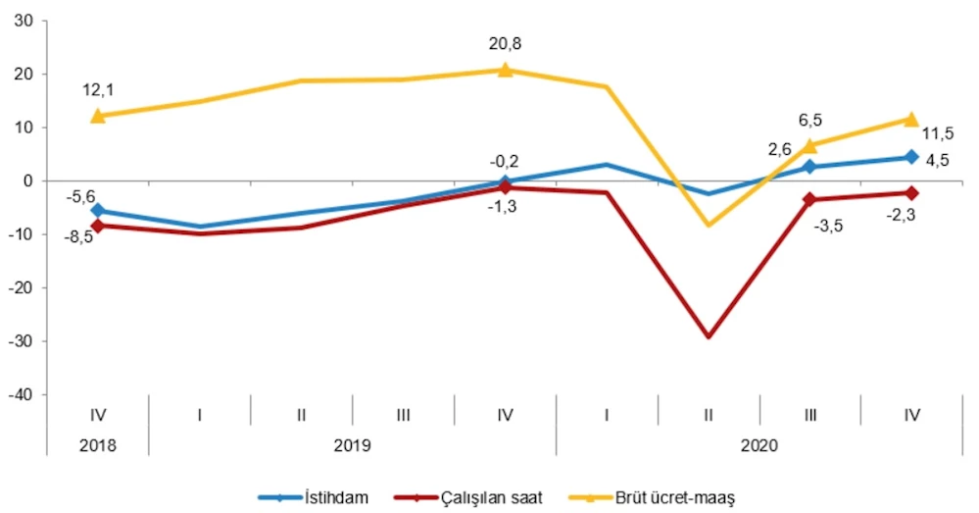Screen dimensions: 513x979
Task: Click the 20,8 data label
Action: pyautogui.click(x=505, y=43)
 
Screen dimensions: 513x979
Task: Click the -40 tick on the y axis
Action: pyautogui.click(x=20, y=394)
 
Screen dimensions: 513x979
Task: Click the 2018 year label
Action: pyautogui.click(x=98, y=444)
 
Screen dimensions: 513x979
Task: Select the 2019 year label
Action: pyautogui.click(x=352, y=444)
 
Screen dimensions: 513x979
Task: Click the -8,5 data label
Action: pyautogui.click(x=66, y=236)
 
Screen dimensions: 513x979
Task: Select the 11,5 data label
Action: pyautogui.click(x=936, y=133)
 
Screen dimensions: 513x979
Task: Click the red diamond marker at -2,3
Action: pyautogui.click(x=911, y=192)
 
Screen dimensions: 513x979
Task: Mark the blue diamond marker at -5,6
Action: pyautogui.click(x=98, y=211)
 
